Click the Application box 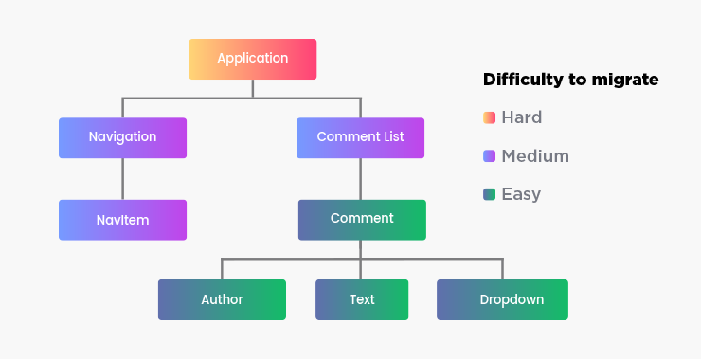pos(252,59)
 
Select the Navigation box pos(122,137)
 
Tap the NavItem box pos(122,220)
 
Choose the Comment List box pos(360,137)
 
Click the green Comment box pos(362,220)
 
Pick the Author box pos(222,299)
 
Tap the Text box pos(362,299)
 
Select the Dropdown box pos(502,299)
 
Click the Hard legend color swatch pos(489,118)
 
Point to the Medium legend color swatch pos(489,156)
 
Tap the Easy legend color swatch pos(489,194)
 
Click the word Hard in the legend pos(522,118)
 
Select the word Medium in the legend pos(535,156)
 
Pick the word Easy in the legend pos(521,194)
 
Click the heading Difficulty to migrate pos(570,80)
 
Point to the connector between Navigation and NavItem pos(122,179)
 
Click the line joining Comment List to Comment pos(360,179)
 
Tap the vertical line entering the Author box pos(222,269)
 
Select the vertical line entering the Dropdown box pos(502,269)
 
